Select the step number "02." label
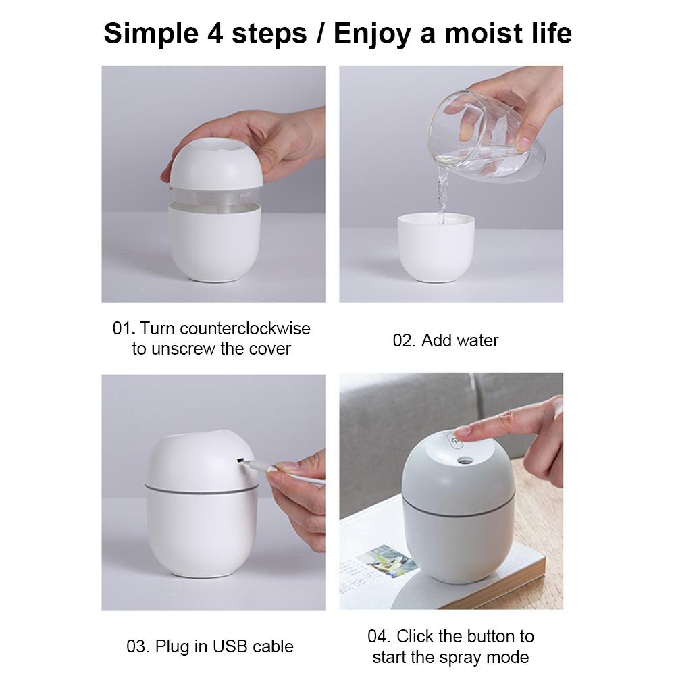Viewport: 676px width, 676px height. [x=404, y=340]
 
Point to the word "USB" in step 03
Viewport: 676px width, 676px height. [x=230, y=646]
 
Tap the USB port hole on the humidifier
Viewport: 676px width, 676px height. [x=240, y=461]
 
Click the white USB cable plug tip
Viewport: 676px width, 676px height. [x=249, y=464]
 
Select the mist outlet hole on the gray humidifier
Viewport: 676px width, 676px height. [x=464, y=461]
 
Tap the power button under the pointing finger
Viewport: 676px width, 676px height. [x=454, y=442]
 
